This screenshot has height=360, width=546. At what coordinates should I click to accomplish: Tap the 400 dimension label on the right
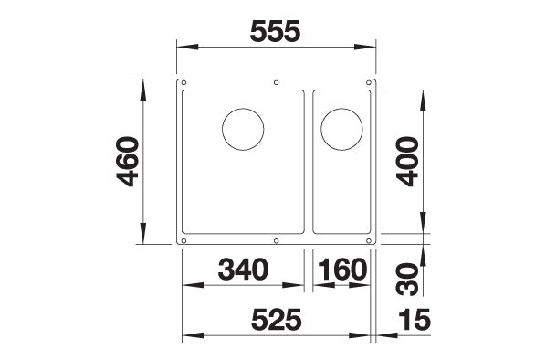click(x=407, y=162)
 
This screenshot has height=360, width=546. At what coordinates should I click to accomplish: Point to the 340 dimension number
click(x=244, y=270)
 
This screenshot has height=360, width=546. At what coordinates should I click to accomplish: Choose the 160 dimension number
click(x=342, y=270)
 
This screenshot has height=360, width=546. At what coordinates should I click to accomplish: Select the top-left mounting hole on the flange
click(x=185, y=84)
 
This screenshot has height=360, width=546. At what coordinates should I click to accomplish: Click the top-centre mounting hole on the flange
click(x=277, y=84)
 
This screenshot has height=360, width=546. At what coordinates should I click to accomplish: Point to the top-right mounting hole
click(x=368, y=84)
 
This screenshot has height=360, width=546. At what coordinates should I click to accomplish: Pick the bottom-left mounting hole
click(x=185, y=241)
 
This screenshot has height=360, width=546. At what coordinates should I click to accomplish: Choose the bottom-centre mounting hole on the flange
click(x=277, y=241)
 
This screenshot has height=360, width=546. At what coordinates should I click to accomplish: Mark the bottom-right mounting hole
click(x=368, y=241)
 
